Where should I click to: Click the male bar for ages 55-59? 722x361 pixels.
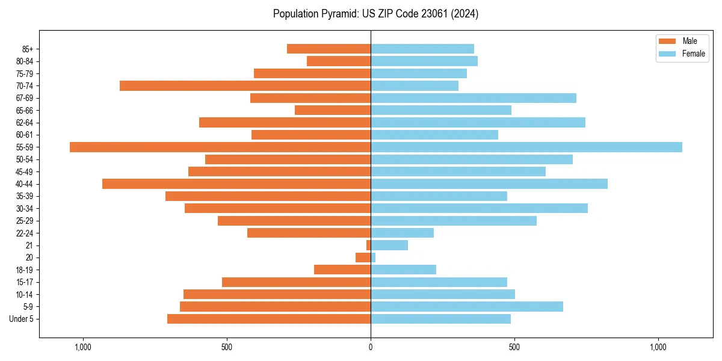pos(220,147)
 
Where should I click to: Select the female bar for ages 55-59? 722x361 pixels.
pos(526,147)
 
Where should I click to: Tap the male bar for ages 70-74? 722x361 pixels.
pos(245,85)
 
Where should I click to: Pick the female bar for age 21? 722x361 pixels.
pos(389,245)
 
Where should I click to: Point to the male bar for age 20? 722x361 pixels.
pos(363,258)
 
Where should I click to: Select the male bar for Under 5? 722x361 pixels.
pos(269,319)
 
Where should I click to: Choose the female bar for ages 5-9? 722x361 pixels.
pos(467,306)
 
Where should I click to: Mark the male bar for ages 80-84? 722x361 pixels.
pos(339,61)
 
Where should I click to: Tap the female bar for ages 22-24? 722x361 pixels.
pos(402,233)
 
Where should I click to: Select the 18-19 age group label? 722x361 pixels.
pos(24,270)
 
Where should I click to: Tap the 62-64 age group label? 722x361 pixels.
pos(24,122)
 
